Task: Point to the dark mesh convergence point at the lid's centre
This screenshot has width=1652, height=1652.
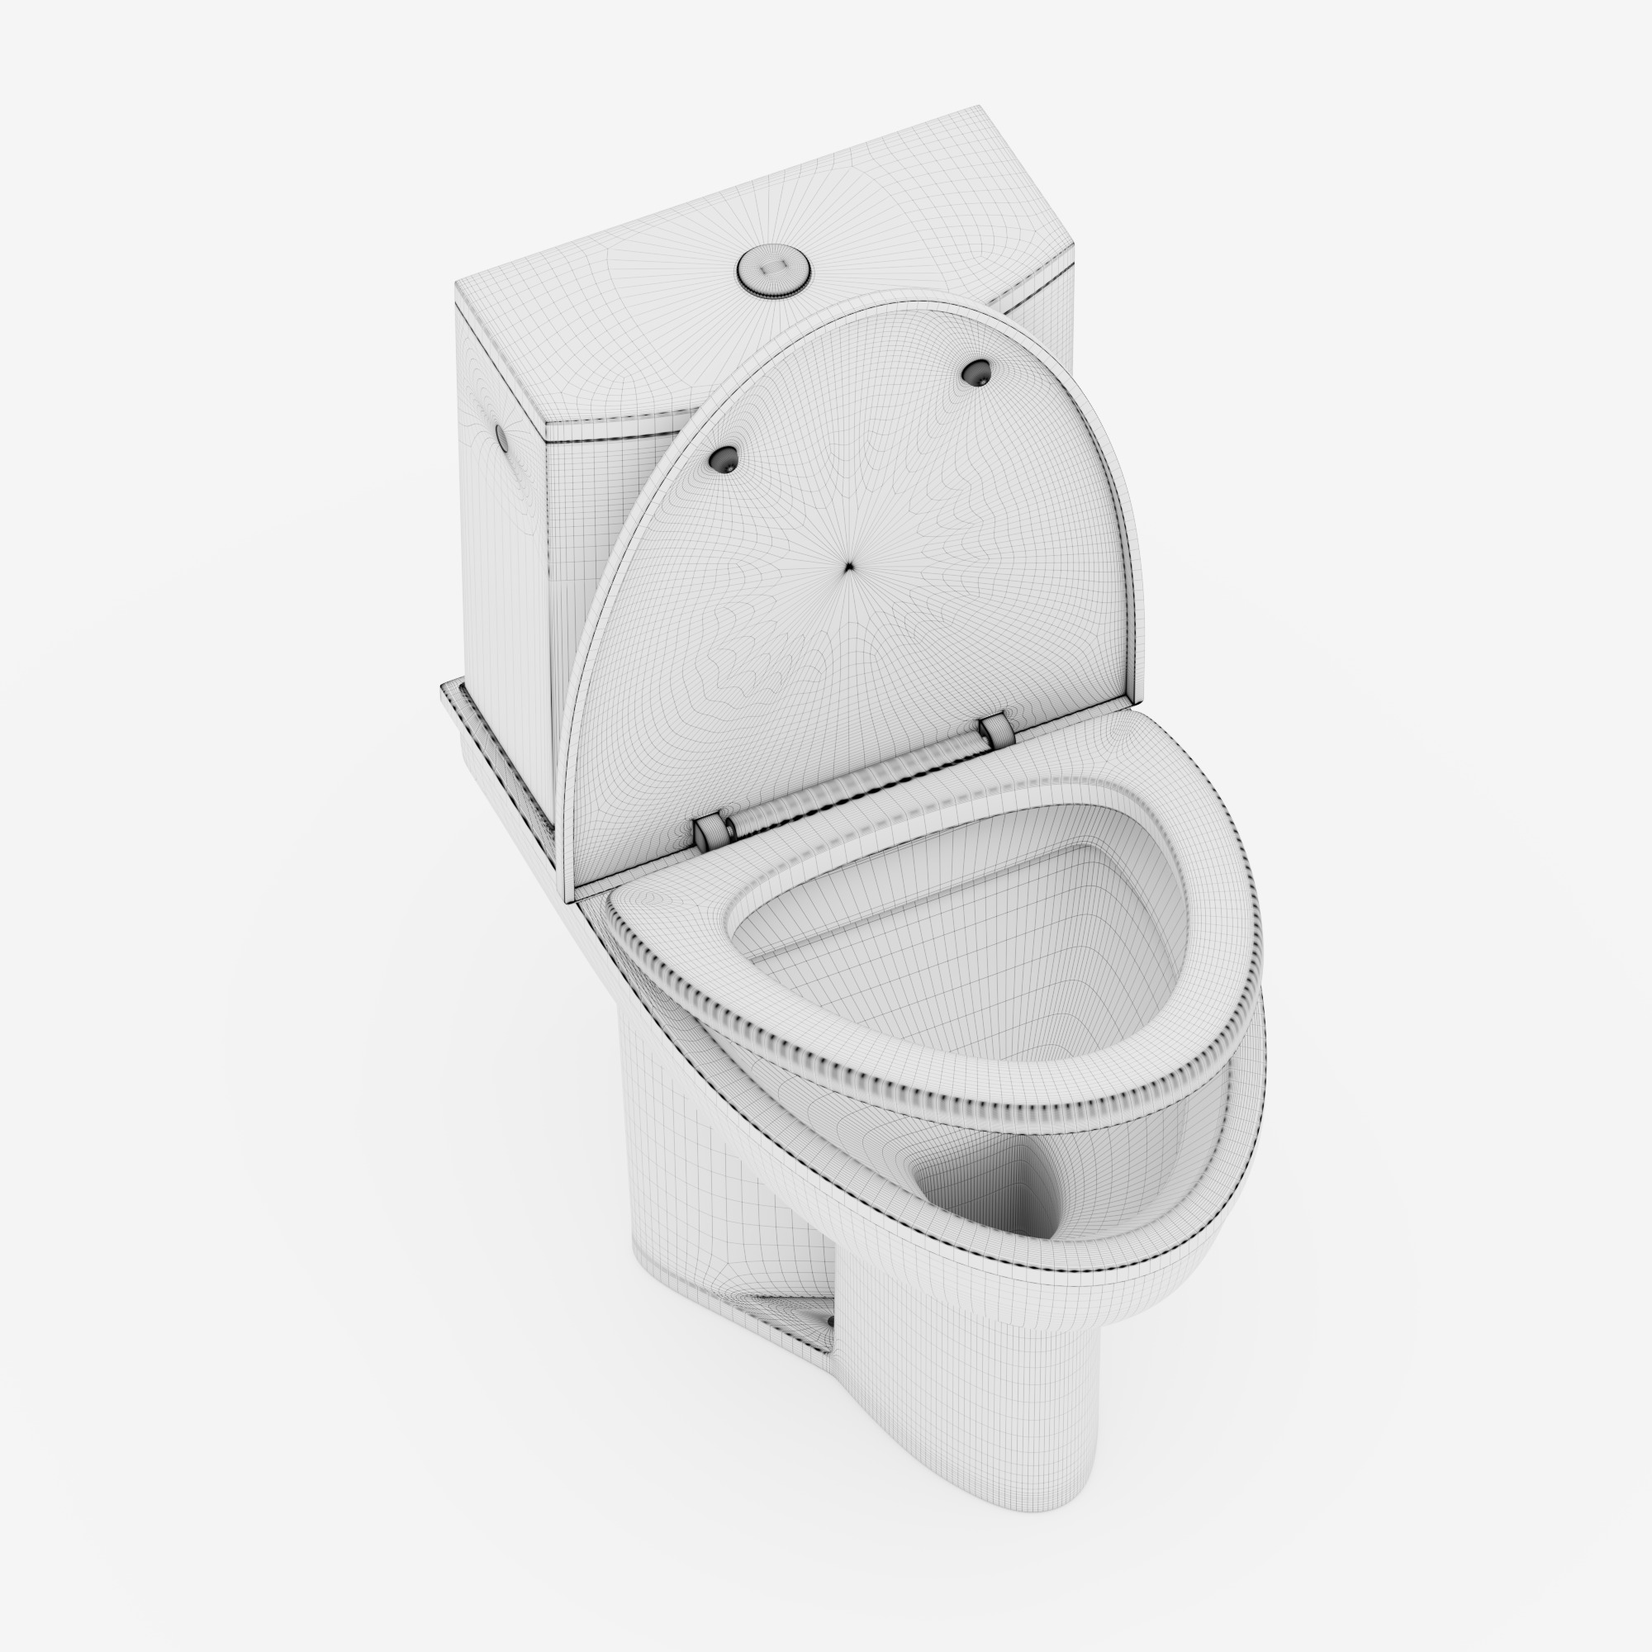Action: coord(848,566)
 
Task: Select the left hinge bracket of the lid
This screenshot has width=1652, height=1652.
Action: coord(710,832)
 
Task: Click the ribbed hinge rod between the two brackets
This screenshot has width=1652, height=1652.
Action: coord(855,783)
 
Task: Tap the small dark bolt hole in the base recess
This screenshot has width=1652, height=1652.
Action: coord(829,1322)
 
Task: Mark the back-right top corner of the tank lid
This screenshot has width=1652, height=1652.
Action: coord(980,107)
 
